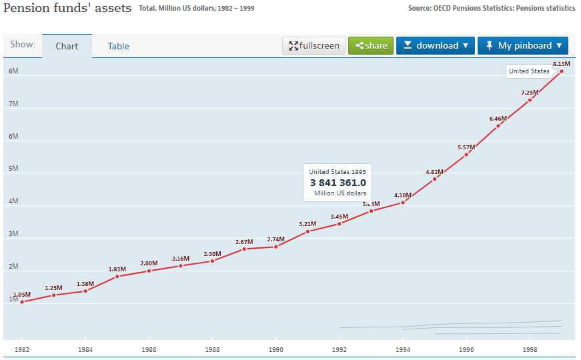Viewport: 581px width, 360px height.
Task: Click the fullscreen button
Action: (x=314, y=46)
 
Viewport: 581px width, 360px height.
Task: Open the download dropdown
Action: (x=436, y=46)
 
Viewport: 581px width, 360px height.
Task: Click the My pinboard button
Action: (x=523, y=46)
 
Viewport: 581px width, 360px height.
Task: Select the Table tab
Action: (x=119, y=47)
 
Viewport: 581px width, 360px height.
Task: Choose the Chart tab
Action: (x=67, y=47)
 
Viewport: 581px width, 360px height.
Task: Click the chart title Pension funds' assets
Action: (x=67, y=9)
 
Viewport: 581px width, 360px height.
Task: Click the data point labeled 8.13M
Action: (x=562, y=71)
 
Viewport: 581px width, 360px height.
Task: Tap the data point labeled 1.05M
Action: (x=22, y=302)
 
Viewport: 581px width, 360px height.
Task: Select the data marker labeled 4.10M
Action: (x=403, y=203)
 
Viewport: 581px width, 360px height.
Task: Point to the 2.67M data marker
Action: (x=244, y=249)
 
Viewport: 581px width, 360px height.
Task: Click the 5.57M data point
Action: (x=466, y=154)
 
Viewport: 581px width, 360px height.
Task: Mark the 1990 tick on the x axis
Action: (x=275, y=349)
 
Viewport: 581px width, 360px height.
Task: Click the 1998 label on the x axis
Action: (x=530, y=349)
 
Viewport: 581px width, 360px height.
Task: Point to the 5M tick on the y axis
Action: (x=13, y=169)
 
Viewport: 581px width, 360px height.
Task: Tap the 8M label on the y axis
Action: (x=13, y=71)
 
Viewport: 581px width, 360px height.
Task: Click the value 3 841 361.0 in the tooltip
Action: (x=338, y=183)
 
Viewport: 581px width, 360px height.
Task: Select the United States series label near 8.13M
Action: (x=529, y=71)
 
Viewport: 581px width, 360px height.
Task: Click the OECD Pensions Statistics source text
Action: (x=491, y=9)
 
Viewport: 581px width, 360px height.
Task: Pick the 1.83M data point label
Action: (x=117, y=269)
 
